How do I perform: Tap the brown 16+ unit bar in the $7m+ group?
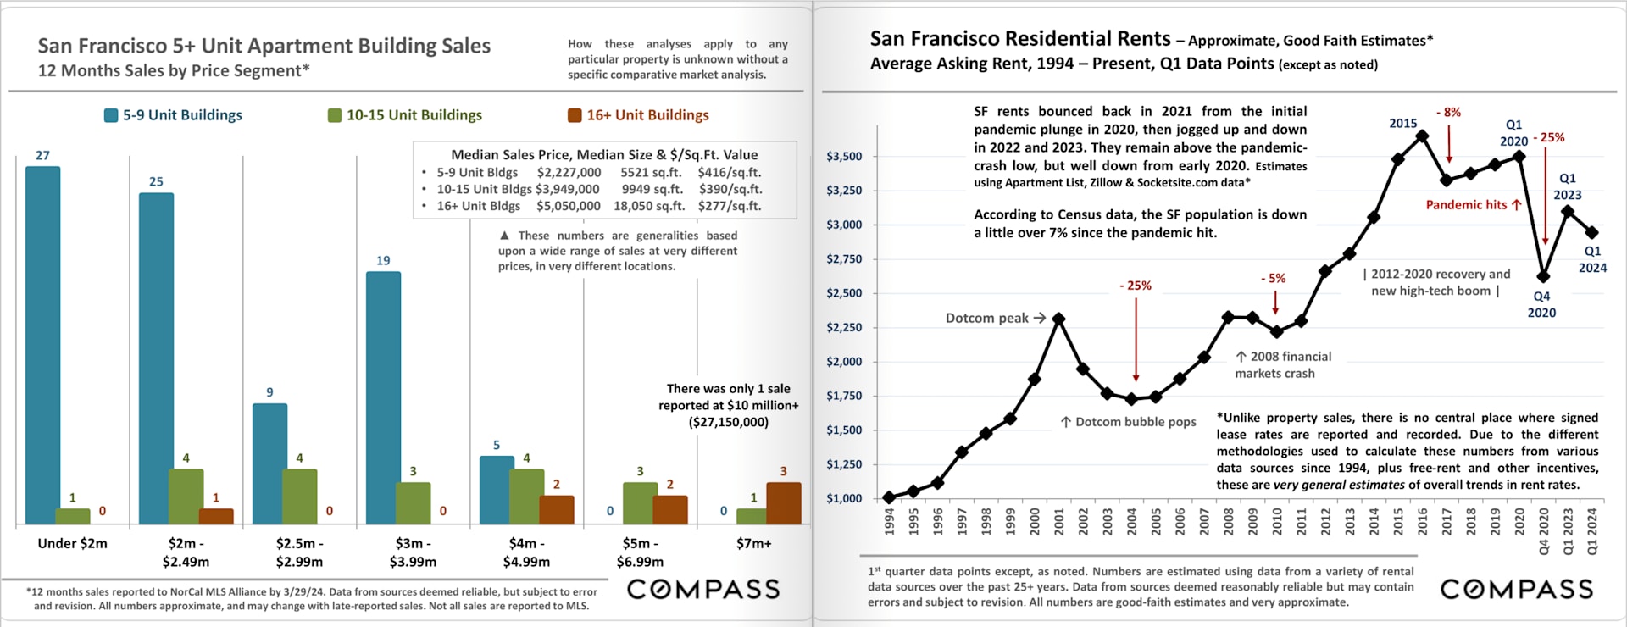click(x=783, y=502)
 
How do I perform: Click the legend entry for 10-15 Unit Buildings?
click(x=405, y=115)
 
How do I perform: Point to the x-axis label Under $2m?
click(x=72, y=543)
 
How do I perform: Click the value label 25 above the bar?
click(x=156, y=181)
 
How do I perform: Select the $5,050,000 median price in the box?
click(x=568, y=206)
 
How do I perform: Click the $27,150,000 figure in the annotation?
click(x=728, y=422)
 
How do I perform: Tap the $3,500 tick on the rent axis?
click(x=844, y=156)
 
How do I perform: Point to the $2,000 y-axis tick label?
click(x=844, y=362)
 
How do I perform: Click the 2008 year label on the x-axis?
click(x=1228, y=521)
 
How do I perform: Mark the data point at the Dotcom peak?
click(x=1058, y=319)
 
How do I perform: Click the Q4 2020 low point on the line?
click(x=1543, y=276)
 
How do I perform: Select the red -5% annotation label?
click(x=1273, y=278)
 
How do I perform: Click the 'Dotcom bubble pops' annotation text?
click(x=1135, y=422)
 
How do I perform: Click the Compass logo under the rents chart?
click(x=1516, y=589)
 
